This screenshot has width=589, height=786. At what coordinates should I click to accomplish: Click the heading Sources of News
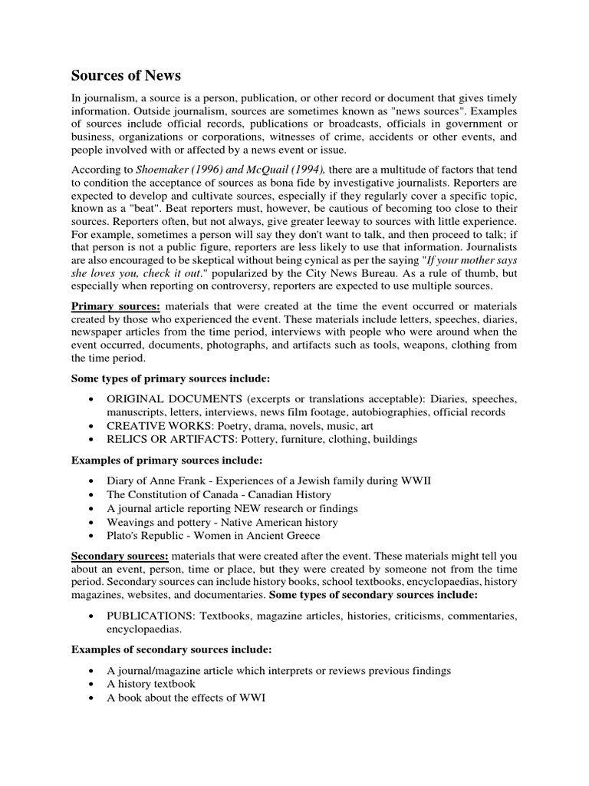(126, 75)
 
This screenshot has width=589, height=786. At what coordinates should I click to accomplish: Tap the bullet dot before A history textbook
(92, 684)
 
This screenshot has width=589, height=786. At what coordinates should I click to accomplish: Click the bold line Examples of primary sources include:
(166, 460)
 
